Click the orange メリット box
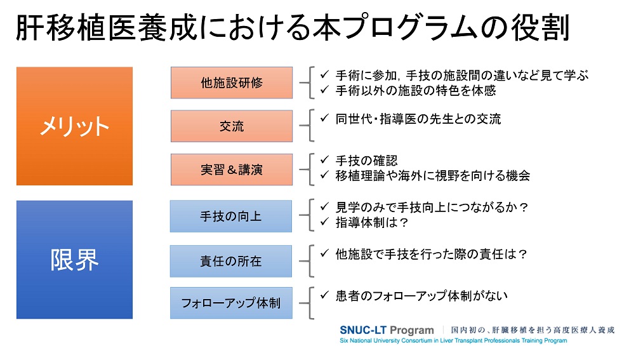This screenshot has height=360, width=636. pyautogui.click(x=75, y=126)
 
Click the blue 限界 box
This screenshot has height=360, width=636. pyautogui.click(x=75, y=260)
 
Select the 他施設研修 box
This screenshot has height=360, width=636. pyautogui.click(x=232, y=83)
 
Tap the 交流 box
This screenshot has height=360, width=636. pyautogui.click(x=232, y=126)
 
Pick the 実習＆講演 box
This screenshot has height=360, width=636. pyautogui.click(x=232, y=170)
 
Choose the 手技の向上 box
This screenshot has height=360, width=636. pyautogui.click(x=231, y=217)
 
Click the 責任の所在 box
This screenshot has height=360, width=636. pyautogui.click(x=231, y=261)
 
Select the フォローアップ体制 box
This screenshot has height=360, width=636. pyautogui.click(x=231, y=303)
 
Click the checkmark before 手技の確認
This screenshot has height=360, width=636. pyautogui.click(x=324, y=160)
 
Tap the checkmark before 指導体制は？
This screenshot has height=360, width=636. pyautogui.click(x=324, y=222)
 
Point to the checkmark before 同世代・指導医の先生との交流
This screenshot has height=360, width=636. pyautogui.click(x=324, y=118)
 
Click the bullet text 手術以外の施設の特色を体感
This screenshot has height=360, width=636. pyautogui.click(x=416, y=90)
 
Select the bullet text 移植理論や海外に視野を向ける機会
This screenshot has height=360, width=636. pyautogui.click(x=433, y=175)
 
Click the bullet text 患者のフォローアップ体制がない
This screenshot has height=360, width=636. pyautogui.click(x=421, y=295)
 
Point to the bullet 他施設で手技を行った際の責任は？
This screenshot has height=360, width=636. pyautogui.click(x=432, y=254)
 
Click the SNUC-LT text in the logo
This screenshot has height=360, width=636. pyautogui.click(x=363, y=330)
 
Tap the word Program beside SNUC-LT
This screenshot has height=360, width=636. pyautogui.click(x=412, y=331)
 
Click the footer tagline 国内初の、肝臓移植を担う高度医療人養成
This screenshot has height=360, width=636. pyautogui.click(x=533, y=330)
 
